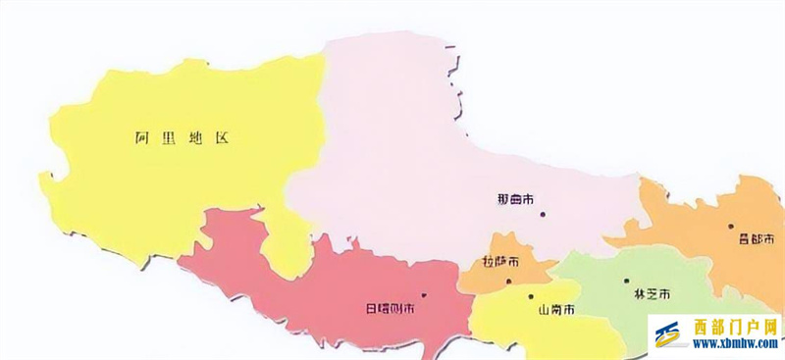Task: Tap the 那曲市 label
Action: click(516, 199)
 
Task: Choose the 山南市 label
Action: click(555, 310)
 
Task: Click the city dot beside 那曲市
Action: click(540, 214)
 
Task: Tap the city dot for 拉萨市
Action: click(508, 281)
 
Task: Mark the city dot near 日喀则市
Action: click(423, 294)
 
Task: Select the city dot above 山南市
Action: click(530, 296)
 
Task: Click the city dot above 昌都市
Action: click(731, 226)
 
